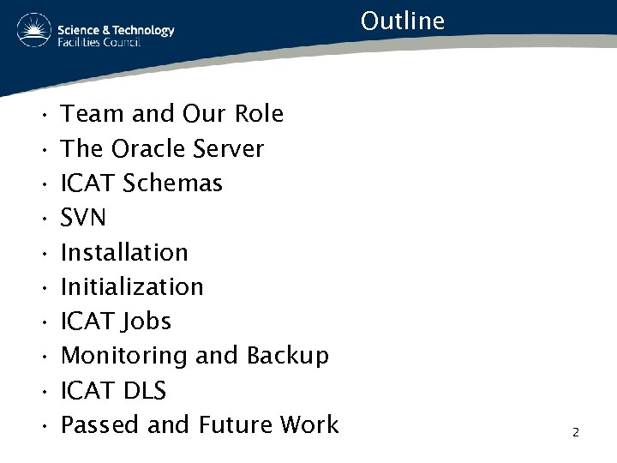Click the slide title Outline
(403, 20)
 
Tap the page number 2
(576, 432)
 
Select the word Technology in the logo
(141, 30)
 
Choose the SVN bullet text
(84, 218)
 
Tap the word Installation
(124, 252)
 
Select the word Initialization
(132, 286)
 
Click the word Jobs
(147, 322)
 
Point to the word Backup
(287, 356)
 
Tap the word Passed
(101, 424)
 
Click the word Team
(92, 114)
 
